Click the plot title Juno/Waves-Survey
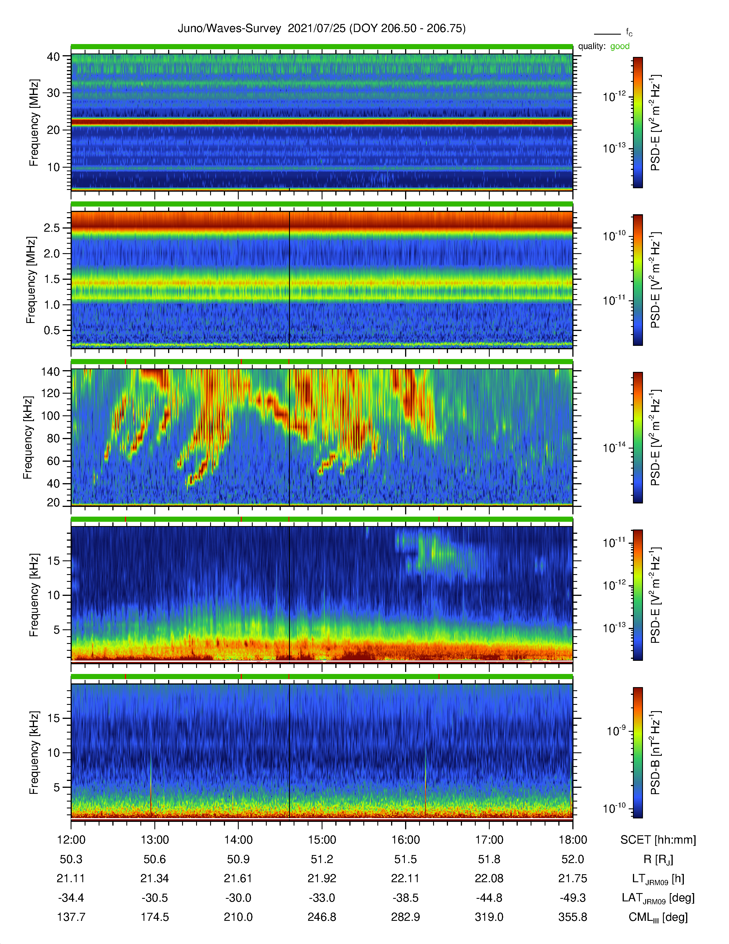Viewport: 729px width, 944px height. (x=229, y=29)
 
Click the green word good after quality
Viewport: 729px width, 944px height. (x=620, y=46)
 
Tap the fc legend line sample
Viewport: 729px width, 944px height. (x=607, y=34)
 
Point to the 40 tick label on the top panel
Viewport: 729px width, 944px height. (x=53, y=57)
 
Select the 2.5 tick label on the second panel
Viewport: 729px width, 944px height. (x=52, y=228)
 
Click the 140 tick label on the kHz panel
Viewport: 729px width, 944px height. (x=50, y=371)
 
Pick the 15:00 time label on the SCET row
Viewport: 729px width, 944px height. (x=322, y=840)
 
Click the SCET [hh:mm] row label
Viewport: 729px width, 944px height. (x=658, y=840)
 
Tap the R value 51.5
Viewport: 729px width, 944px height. (x=406, y=859)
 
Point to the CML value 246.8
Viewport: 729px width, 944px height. (x=322, y=917)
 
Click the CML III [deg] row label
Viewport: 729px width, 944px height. (x=658, y=917)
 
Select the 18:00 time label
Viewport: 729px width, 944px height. (x=573, y=840)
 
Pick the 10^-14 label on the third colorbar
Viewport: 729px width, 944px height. (x=614, y=447)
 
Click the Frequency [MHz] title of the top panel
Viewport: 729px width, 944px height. (x=34, y=123)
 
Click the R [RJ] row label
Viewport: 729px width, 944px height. (x=658, y=859)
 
